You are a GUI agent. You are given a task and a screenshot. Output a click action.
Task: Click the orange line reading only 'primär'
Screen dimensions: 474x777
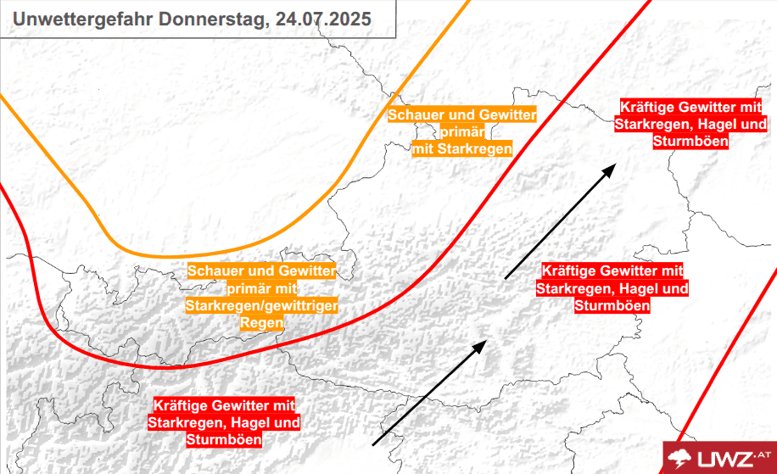coord(462,132)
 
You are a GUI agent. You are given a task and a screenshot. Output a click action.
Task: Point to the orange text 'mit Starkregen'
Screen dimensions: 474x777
coord(462,149)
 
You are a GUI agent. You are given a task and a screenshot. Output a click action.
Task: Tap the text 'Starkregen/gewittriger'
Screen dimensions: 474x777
coord(261,305)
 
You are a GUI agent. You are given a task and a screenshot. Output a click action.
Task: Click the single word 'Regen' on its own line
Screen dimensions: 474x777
coord(261,323)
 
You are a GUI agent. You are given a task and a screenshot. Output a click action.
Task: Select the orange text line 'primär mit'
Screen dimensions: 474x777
coord(261,288)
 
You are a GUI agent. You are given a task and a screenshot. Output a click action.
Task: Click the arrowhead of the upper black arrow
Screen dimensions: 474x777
coord(608,169)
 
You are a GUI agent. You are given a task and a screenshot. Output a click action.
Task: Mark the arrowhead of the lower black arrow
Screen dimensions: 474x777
coord(481,344)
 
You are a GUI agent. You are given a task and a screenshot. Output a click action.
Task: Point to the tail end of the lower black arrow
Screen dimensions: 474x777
coord(374,443)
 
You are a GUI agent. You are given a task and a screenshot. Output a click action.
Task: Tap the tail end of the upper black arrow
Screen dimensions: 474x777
coord(506,277)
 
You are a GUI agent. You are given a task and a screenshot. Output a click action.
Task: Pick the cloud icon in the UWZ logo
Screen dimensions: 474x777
coord(681,459)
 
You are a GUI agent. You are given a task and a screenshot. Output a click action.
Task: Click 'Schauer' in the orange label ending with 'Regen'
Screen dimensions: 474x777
coord(216,270)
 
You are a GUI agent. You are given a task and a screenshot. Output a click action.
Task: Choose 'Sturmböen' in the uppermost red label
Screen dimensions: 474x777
coord(691,142)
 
